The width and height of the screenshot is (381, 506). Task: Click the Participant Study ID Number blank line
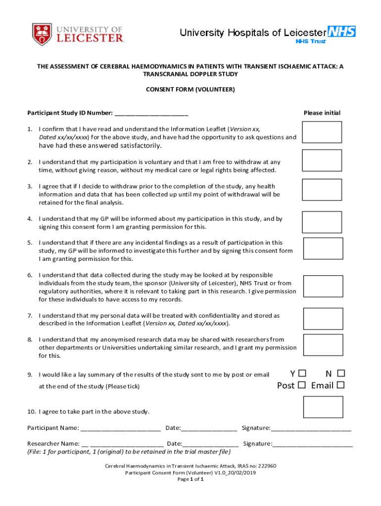click(151, 113)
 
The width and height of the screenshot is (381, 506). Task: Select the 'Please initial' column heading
click(322, 113)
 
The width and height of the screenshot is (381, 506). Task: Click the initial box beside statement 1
click(322, 132)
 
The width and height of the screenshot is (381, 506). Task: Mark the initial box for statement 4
click(322, 222)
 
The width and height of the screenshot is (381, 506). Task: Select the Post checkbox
click(302, 385)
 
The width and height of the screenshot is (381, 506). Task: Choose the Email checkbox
click(340, 385)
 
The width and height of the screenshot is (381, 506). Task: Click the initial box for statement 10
click(323, 407)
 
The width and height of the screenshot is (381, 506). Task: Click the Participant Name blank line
click(121, 428)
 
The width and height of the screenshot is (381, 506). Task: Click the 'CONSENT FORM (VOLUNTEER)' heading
click(190, 90)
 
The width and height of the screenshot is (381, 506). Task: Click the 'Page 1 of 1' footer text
click(190, 479)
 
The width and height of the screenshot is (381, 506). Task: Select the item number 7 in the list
click(30, 315)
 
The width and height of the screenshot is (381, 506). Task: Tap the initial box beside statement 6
click(323, 286)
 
